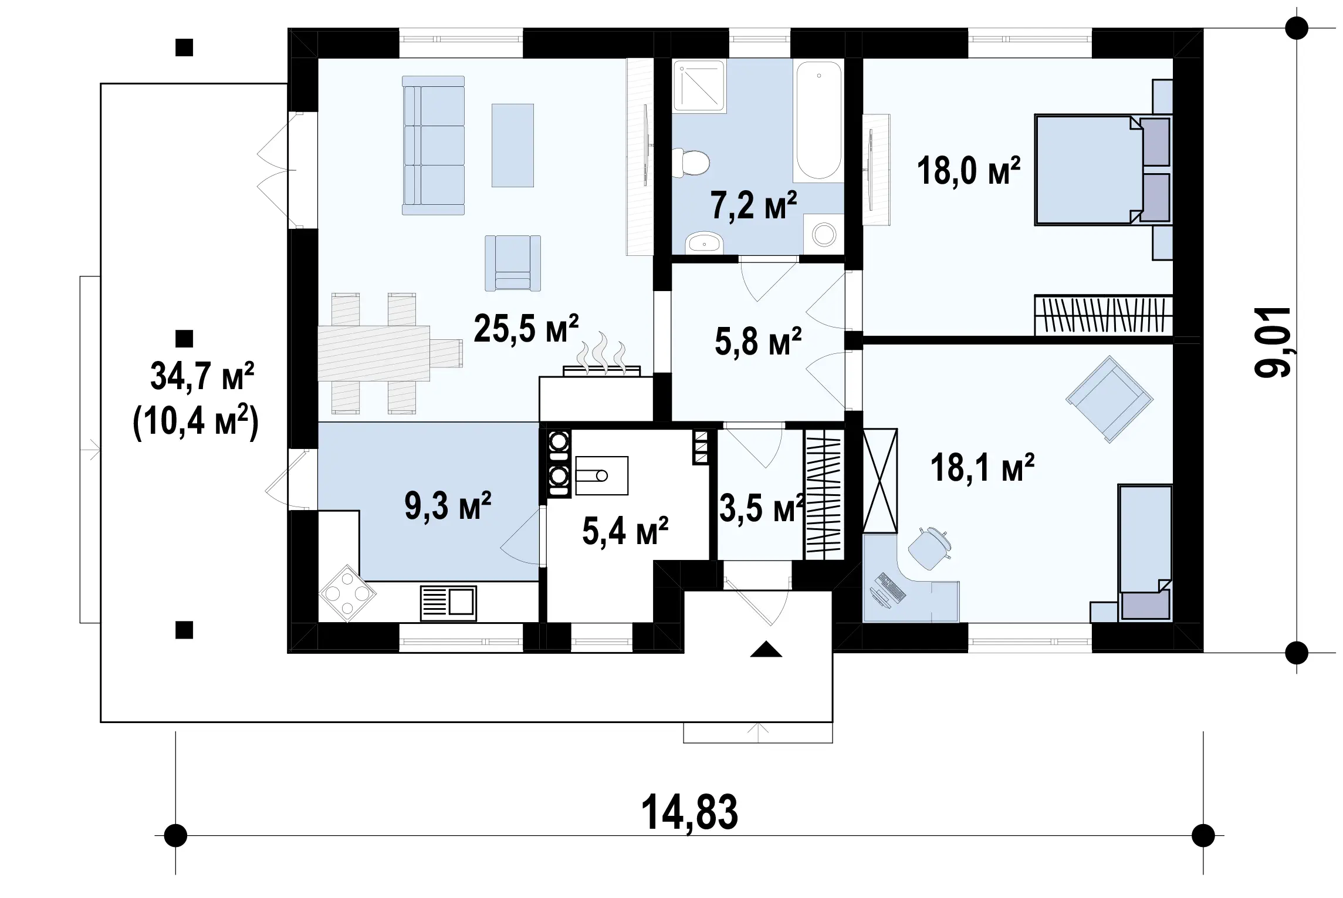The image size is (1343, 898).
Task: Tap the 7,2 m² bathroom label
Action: [754, 205]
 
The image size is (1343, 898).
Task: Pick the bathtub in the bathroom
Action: [818, 120]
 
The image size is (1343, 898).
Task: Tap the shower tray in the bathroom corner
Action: [699, 85]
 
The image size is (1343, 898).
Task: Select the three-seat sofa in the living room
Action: [433, 145]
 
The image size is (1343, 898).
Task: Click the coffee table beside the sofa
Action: [513, 145]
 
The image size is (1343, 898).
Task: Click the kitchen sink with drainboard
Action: [448, 603]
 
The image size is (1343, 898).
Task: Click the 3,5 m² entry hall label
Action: [762, 508]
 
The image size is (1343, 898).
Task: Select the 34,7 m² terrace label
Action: [202, 376]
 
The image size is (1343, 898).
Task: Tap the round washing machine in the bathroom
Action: [824, 234]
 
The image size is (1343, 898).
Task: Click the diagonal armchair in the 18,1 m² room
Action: [1109, 399]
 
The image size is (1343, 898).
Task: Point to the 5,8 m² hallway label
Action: [758, 342]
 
